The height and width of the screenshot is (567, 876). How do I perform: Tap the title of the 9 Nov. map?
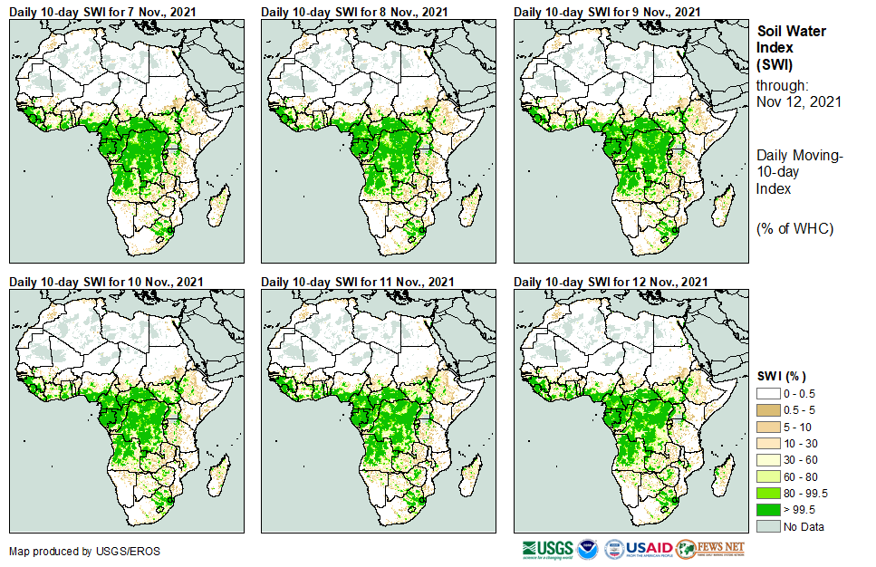click(606, 11)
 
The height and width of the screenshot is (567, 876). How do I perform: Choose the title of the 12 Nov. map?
click(609, 282)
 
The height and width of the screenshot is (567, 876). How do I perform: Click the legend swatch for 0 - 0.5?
click(768, 394)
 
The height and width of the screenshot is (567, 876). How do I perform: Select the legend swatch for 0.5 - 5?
click(768, 410)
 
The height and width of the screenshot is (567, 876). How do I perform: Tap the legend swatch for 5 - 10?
click(768, 427)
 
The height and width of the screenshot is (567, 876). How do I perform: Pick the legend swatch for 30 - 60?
click(768, 460)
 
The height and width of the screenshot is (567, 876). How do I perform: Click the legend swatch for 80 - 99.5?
click(768, 493)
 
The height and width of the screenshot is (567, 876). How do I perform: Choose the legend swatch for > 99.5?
click(768, 509)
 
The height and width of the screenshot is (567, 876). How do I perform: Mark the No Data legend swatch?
click(768, 526)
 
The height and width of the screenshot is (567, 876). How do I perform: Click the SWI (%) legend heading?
click(782, 376)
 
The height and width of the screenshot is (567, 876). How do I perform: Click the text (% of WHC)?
click(794, 228)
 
